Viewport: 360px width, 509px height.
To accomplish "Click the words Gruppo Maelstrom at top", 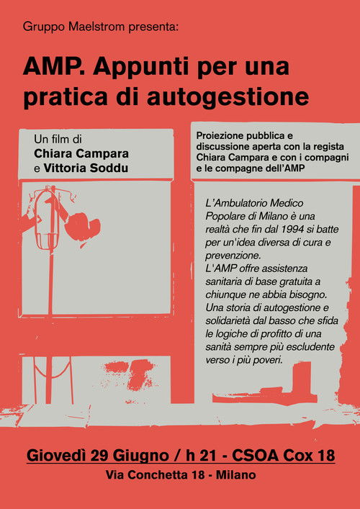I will pos(66,27).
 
